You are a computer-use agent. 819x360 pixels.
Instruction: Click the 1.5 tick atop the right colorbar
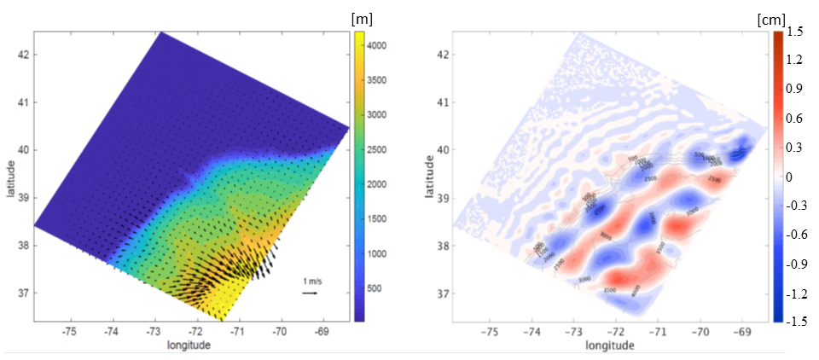pyautogui.click(x=797, y=32)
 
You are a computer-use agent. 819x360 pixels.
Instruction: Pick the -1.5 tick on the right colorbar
pyautogui.click(x=798, y=322)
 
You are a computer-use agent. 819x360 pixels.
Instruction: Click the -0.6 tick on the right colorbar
pyautogui.click(x=798, y=235)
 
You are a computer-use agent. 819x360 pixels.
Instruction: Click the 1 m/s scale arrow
pyautogui.click(x=310, y=293)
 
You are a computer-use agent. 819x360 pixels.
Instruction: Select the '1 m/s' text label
pyautogui.click(x=311, y=281)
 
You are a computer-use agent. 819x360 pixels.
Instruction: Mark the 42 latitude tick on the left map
pyautogui.click(x=22, y=55)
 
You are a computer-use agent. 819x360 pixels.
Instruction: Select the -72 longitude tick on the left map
pyautogui.click(x=195, y=330)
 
